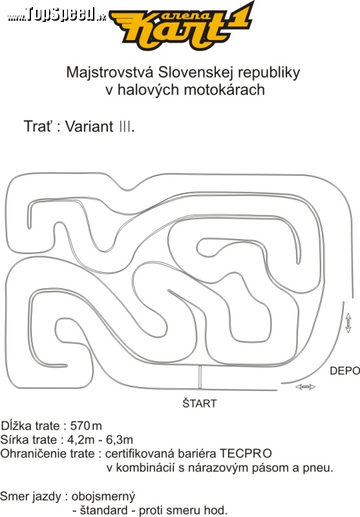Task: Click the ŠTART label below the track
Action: coord(200,403)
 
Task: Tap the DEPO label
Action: coord(344,371)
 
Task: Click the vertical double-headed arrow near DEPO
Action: coord(348,322)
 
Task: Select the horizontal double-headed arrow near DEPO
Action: coord(305,386)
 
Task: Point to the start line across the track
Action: coord(200,377)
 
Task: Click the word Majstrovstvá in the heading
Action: coord(110,72)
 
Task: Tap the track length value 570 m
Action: coord(86,426)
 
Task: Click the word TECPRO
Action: coord(246,454)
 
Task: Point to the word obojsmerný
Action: coord(103,497)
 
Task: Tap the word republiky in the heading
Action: coord(269,73)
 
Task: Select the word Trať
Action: coord(38,126)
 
